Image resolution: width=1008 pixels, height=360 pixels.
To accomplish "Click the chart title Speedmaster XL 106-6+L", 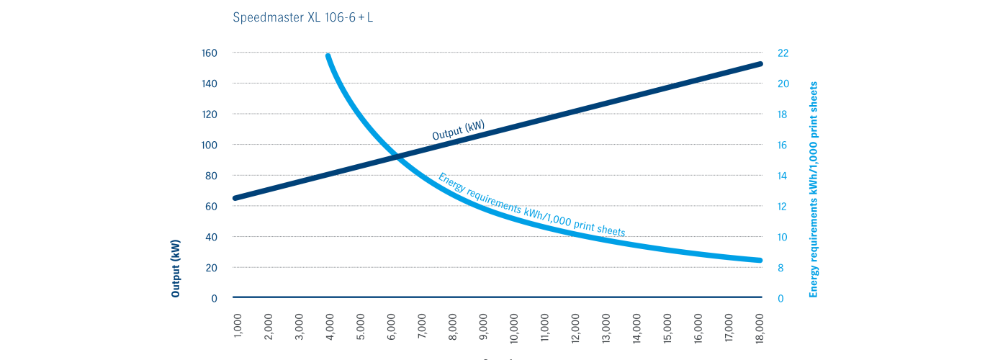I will pos(302,18).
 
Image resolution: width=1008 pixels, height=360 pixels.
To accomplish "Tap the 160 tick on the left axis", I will pos(210,53).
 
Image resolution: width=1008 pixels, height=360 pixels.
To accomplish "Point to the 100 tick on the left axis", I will pos(210,145).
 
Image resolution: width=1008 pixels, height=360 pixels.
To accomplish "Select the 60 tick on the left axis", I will pos(212,206).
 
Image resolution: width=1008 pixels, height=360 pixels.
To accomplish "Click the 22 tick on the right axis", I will pos(783,53).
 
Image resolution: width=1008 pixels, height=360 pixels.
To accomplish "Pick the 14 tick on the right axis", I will pos(783,176).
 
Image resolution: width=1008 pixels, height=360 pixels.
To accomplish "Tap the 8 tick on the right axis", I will pos(781,268).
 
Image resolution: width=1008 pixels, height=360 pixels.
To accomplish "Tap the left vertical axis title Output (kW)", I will pos(176,268).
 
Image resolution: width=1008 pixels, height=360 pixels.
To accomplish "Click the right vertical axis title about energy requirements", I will pos(814,189).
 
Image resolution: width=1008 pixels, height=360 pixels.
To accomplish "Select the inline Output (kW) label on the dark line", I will pos(458,130).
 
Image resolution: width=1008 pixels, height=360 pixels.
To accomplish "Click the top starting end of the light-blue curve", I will pos(328,56).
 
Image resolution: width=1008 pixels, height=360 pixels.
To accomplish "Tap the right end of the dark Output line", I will pos(760,64).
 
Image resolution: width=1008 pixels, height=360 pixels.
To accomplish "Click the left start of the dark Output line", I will pos(235,198).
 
